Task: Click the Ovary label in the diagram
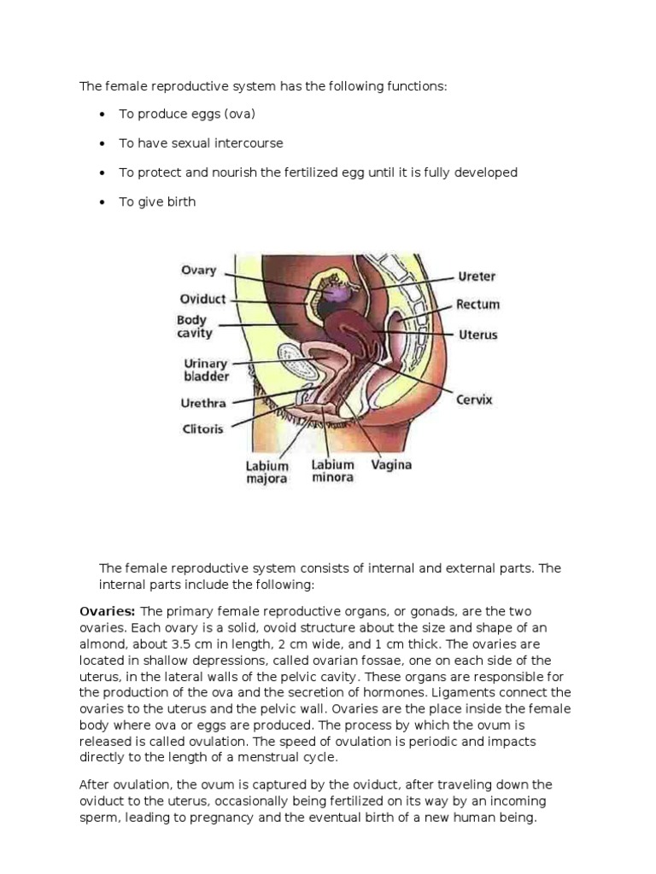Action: pos(198,271)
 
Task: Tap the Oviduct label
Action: pos(202,299)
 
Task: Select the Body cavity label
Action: pos(194,327)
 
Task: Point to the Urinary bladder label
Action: pos(207,370)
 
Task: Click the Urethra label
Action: pos(202,403)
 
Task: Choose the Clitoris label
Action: pos(202,428)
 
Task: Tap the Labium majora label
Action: pos(266,472)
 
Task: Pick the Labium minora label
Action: pos(332,471)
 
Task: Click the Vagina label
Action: pos(391,465)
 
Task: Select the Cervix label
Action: pos(475,399)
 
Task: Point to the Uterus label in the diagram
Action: pos(477,335)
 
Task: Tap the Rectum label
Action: pos(477,305)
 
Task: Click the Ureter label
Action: pos(477,277)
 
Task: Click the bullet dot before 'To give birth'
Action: pos(102,202)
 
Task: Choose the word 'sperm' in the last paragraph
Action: pos(99,818)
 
